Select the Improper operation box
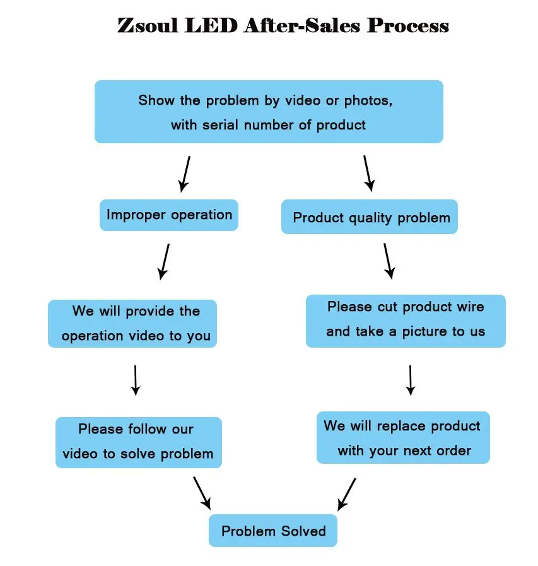pyautogui.click(x=169, y=215)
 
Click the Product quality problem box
pyautogui.click(x=370, y=218)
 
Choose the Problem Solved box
pyautogui.click(x=273, y=531)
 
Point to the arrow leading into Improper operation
pyautogui.click(x=185, y=174)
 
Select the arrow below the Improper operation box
pyautogui.click(x=165, y=261)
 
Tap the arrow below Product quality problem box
pyautogui.click(x=388, y=261)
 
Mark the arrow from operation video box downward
pyautogui.click(x=135, y=380)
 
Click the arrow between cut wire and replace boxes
pyautogui.click(x=411, y=380)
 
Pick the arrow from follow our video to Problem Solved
pyautogui.click(x=202, y=492)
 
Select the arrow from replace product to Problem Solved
pyautogui.click(x=346, y=493)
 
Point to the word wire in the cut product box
pyautogui.click(x=471, y=307)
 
